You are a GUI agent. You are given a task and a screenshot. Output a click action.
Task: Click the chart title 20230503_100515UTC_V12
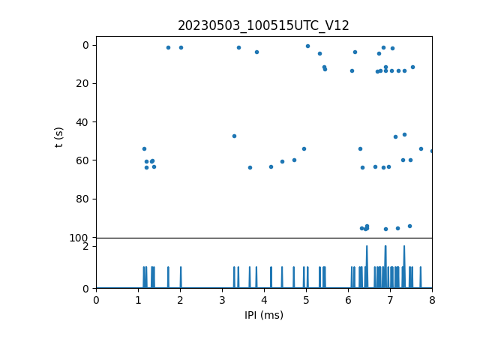[263, 25]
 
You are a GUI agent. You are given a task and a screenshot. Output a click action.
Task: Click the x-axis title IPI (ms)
[263, 315]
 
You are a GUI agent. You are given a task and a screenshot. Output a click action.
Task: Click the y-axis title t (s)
[59, 137]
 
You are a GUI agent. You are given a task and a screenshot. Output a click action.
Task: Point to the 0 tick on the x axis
[96, 300]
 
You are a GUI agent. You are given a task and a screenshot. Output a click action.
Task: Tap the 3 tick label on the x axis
[222, 300]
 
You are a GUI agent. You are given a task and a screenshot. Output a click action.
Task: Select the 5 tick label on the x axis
[306, 300]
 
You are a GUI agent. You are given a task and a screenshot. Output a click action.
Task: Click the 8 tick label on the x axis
[432, 300]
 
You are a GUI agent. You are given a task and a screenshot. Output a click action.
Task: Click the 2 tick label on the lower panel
[86, 246]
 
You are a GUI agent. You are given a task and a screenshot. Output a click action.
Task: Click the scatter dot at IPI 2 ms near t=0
[181, 47]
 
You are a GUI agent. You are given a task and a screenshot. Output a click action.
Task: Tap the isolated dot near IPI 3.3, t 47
[234, 136]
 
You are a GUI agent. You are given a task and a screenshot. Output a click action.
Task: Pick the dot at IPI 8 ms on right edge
[431, 151]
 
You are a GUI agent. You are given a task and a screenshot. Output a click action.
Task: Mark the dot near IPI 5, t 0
[307, 46]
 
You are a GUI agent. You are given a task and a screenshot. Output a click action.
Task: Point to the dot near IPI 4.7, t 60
[294, 160]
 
